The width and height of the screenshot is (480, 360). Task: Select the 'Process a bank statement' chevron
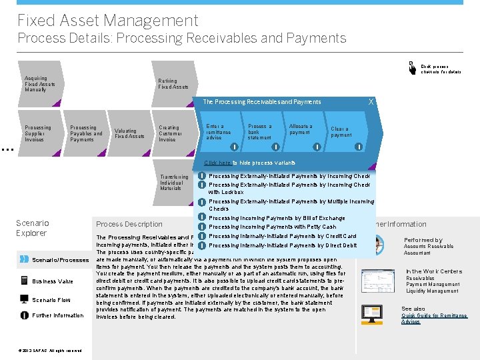[259, 131]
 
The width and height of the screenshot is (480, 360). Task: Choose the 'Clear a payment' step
[341, 131]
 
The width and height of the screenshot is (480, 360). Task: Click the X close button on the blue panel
[371, 101]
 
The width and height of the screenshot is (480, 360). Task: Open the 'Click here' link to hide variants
[217, 163]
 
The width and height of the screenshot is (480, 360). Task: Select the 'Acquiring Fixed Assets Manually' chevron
[36, 83]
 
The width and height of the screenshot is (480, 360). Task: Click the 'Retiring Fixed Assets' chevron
[173, 83]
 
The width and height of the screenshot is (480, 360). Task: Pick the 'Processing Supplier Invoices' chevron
[38, 133]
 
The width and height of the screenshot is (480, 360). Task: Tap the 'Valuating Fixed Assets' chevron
[129, 133]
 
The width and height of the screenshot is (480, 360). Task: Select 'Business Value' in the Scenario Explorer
[53, 281]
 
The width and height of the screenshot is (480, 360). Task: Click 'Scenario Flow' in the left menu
[51, 300]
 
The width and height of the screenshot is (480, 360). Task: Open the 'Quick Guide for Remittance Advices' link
[434, 319]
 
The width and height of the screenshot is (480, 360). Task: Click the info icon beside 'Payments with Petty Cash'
[201, 227]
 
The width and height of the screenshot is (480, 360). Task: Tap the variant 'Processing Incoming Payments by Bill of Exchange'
[276, 218]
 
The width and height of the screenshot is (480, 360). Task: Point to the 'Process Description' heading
[129, 224]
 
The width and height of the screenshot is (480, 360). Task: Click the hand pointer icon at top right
[413, 67]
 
